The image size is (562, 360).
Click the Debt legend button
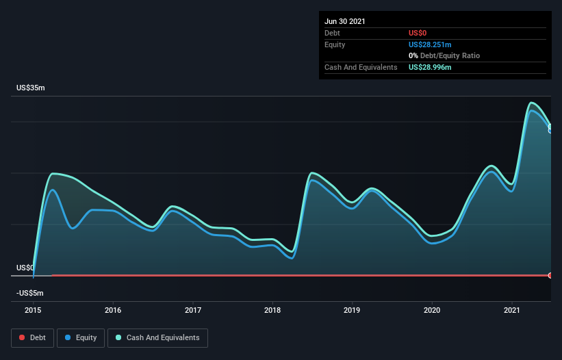(31, 337)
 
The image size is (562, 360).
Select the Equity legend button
(80, 337)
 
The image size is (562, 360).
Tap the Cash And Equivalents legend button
(157, 337)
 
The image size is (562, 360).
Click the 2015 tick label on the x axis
(33, 310)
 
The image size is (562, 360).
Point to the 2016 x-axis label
(113, 310)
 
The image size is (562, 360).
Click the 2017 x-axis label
(193, 310)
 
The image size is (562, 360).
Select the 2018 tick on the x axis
(272, 310)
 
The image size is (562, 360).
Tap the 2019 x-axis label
(353, 310)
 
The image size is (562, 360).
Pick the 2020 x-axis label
(432, 310)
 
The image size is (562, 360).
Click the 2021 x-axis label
(512, 310)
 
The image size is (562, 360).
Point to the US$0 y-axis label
(25, 268)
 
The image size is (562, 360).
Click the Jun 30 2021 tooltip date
(345, 21)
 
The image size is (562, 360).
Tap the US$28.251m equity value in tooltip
(430, 44)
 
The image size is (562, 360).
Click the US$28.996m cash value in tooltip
(430, 67)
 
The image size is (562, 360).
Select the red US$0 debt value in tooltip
(418, 33)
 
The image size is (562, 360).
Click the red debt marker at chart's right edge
(550, 275)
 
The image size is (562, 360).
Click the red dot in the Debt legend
(22, 337)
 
